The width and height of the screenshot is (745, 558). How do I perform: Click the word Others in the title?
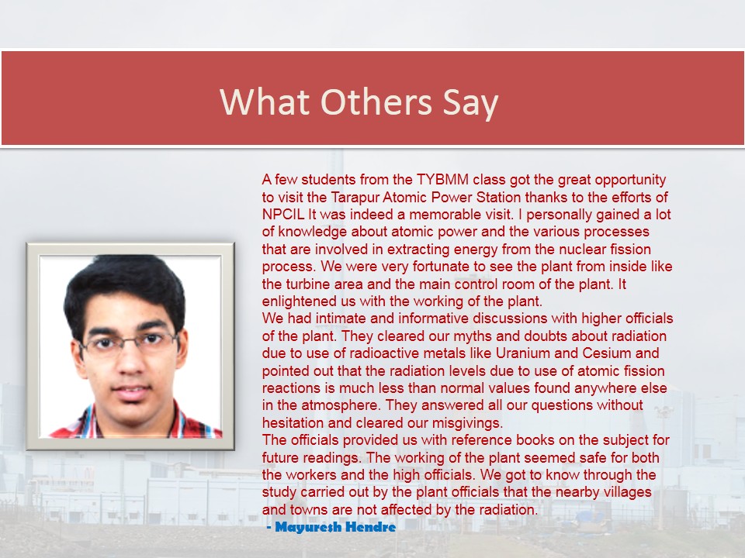pos(376,102)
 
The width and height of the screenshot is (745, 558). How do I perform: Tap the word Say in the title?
pos(470,103)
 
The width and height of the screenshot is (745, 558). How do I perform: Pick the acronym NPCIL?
pos(282,215)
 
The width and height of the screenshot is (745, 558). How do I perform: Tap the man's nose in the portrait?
pos(130,363)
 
